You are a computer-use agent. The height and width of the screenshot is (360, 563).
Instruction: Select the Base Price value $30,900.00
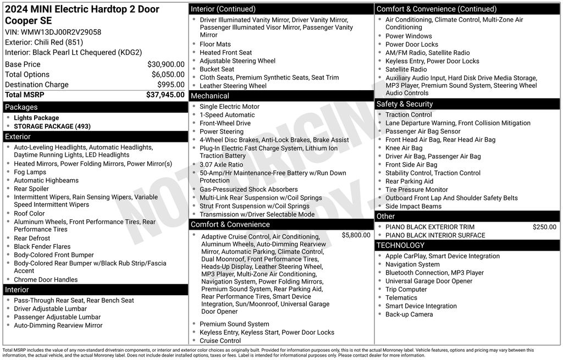click(165, 64)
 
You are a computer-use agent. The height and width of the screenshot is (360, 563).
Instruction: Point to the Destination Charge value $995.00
click(170, 85)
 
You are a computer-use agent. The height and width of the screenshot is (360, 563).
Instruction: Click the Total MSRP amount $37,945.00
click(165, 95)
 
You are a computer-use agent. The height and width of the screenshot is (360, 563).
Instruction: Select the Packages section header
click(21, 107)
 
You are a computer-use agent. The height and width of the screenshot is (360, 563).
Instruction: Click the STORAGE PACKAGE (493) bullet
click(52, 126)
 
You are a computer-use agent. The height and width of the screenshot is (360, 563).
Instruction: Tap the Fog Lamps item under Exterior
click(30, 172)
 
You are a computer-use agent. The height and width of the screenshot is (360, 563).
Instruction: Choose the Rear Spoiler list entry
click(31, 189)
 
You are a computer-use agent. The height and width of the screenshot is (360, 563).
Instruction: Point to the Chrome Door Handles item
click(46, 280)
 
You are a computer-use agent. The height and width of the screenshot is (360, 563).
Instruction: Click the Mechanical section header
click(210, 96)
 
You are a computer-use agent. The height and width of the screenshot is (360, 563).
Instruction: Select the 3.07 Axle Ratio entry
click(221, 164)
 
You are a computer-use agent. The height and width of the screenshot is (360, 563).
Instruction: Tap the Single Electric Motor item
click(229, 107)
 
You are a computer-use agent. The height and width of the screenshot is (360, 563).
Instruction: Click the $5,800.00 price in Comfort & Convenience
click(356, 235)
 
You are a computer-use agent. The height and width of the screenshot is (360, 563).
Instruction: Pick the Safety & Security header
click(404, 104)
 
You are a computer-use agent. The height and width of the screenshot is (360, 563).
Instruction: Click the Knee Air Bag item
click(404, 148)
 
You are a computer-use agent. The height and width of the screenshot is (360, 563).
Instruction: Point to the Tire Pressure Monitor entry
click(416, 190)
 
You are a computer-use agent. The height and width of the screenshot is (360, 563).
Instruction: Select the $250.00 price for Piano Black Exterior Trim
click(544, 227)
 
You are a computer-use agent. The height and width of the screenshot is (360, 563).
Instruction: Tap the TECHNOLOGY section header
click(400, 245)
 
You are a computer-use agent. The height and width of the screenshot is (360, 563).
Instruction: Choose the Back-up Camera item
click(409, 314)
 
